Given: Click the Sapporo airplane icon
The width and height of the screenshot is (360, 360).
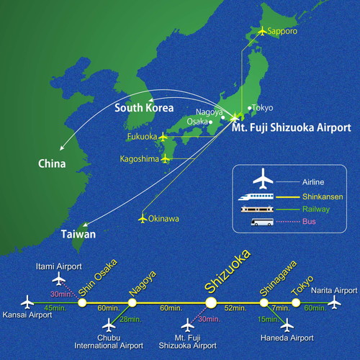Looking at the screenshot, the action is [262, 31].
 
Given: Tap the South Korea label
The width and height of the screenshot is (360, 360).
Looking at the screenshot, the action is [144, 108].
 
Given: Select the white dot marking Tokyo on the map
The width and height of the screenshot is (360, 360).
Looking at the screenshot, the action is [250, 108].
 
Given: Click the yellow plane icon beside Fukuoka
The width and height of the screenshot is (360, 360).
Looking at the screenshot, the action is [163, 137].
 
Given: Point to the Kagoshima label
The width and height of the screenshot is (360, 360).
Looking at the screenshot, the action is [139, 159].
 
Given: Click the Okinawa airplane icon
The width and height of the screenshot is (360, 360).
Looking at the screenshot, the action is [143, 219].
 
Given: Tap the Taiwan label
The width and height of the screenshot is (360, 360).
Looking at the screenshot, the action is [78, 234].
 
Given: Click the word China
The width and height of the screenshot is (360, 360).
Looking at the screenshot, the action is [52, 163].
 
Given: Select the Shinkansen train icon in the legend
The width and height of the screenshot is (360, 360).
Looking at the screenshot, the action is [256, 197].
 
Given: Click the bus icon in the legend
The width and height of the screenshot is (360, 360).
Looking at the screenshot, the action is [262, 222].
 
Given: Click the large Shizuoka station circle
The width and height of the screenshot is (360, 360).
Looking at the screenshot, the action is [211, 302].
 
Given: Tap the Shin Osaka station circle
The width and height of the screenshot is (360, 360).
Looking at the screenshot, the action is [82, 302].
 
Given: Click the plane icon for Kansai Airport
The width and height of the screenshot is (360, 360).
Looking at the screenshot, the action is [27, 302].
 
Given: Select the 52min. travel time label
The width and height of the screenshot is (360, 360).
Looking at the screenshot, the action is [235, 308].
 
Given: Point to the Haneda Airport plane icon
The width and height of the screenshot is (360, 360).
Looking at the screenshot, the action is [287, 325].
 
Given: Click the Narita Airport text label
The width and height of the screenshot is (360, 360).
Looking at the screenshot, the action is [334, 291].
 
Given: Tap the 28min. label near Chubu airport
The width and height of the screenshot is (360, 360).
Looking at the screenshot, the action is [130, 320].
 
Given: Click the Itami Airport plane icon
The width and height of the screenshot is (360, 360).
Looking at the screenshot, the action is [59, 279].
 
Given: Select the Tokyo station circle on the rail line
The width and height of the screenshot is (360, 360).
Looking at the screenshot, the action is [296, 302].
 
